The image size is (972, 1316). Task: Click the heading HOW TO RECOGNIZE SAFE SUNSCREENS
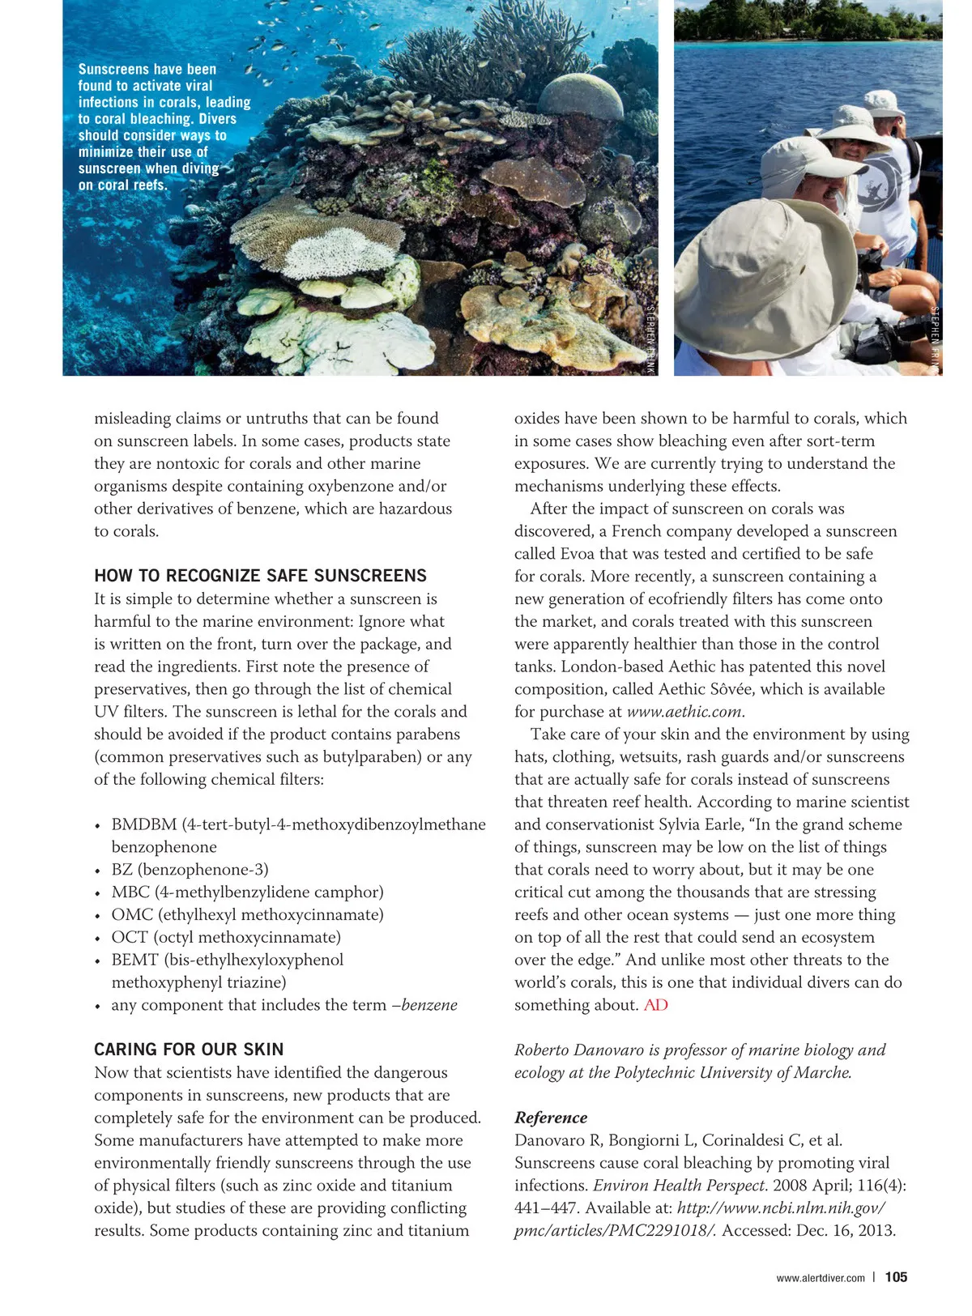(x=260, y=576)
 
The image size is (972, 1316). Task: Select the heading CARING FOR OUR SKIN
(x=189, y=1050)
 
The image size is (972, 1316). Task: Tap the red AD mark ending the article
(x=655, y=1005)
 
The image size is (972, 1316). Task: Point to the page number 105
(x=896, y=1277)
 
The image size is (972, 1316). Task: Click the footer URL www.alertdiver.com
(x=820, y=1278)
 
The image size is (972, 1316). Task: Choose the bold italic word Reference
(x=551, y=1118)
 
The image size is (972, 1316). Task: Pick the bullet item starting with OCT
(x=226, y=937)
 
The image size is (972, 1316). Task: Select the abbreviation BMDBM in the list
(x=144, y=824)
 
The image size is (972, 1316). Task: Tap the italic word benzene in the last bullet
(x=429, y=1005)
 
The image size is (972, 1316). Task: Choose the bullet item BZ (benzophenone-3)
(x=190, y=870)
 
